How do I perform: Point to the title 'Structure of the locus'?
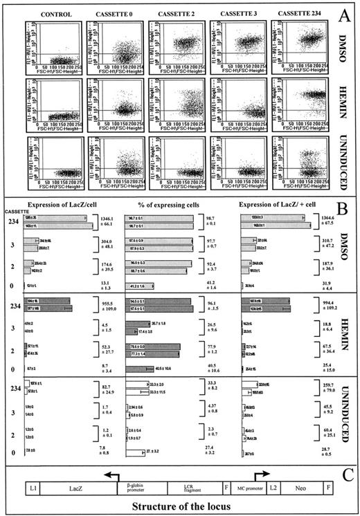coord(181,507)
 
